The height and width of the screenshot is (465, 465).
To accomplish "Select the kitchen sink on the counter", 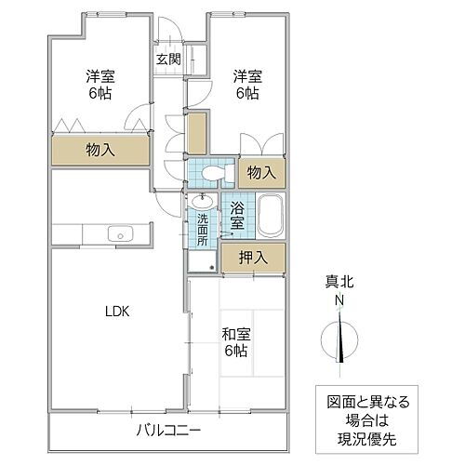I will point(118,232).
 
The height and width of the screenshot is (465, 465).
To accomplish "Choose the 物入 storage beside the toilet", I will point(262,172).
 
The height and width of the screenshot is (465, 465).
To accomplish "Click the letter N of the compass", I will point(339,300).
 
